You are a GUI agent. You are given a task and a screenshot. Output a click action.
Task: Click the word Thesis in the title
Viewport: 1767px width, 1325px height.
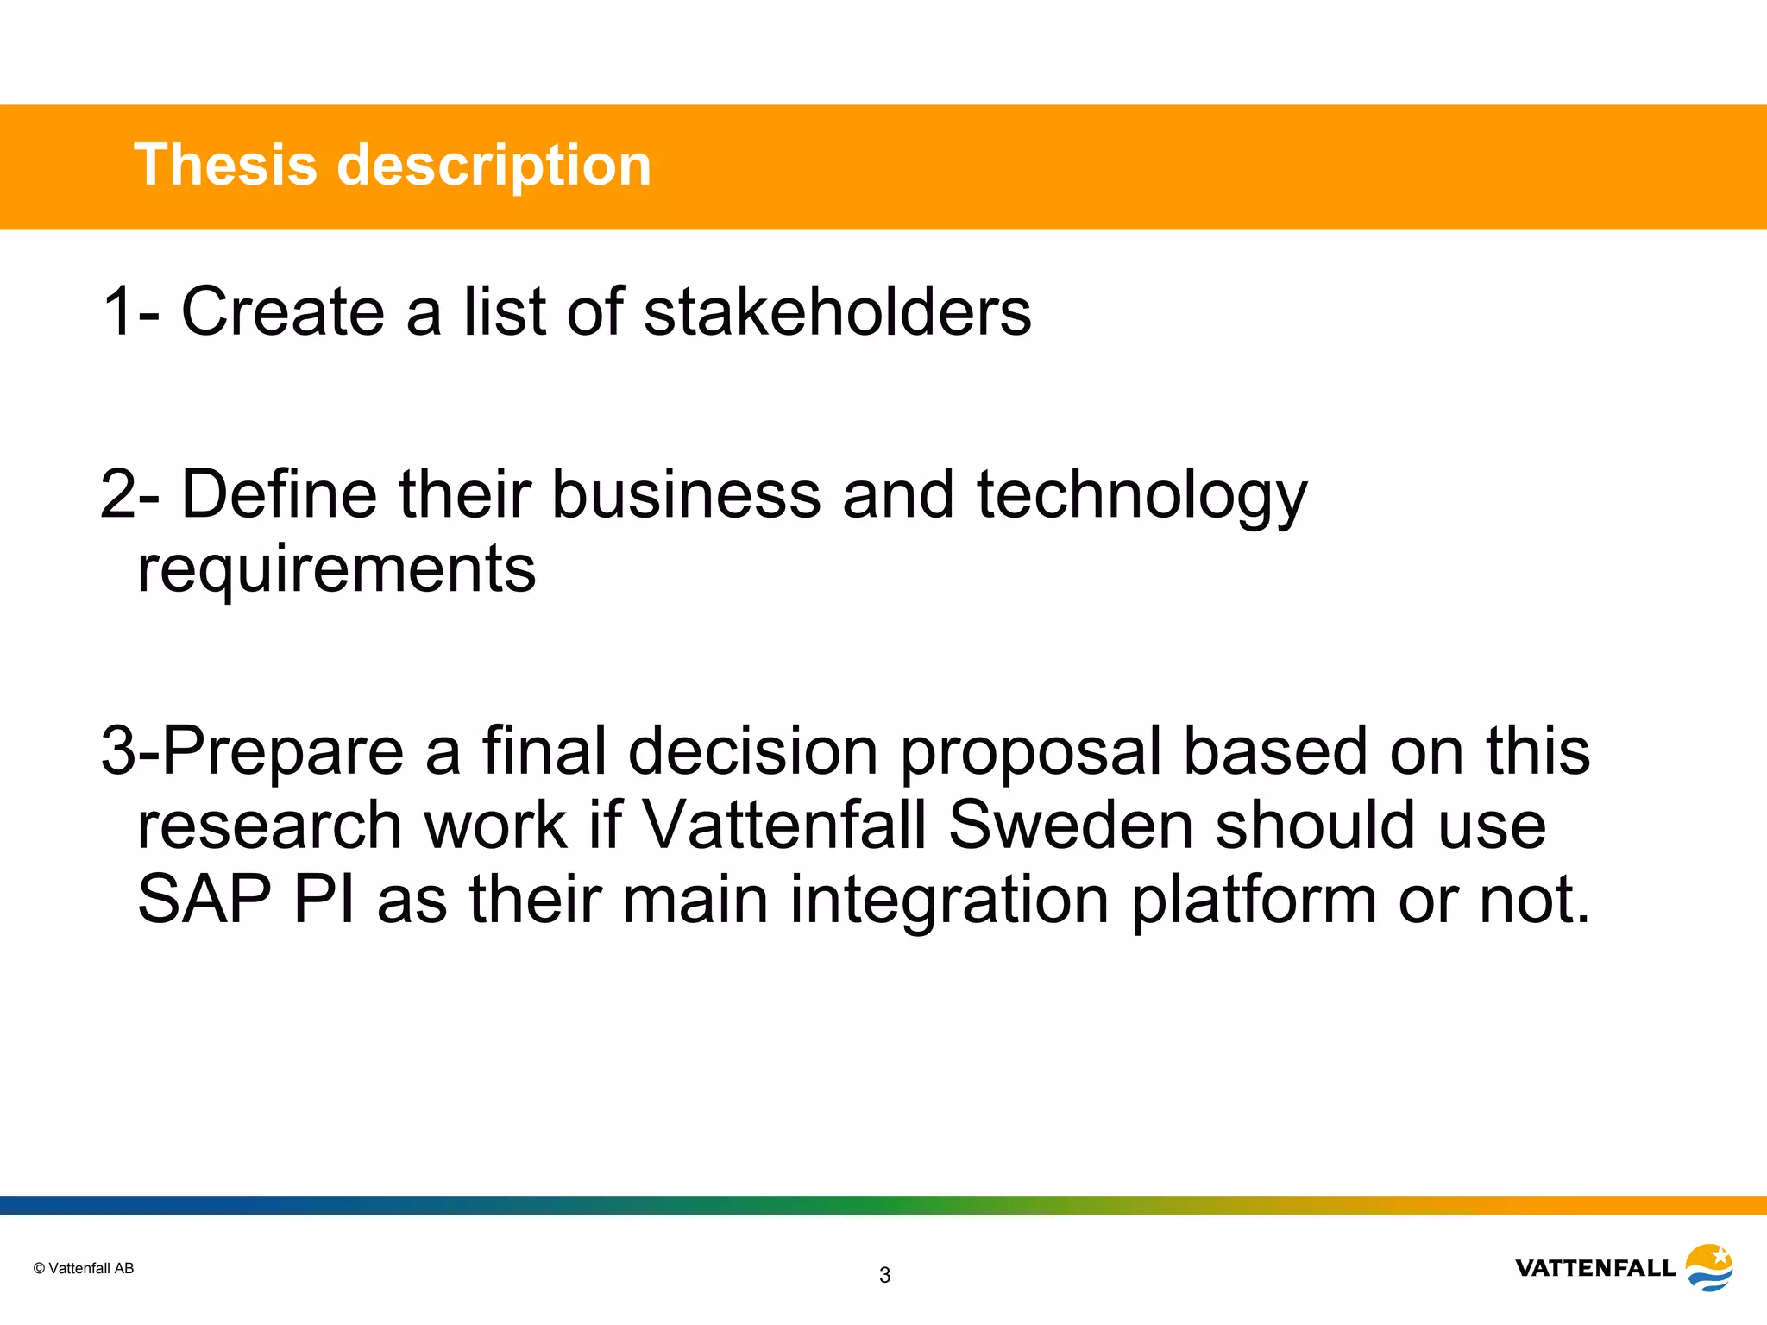coord(225,165)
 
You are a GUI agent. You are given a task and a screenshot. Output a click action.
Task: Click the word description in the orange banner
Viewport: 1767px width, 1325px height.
coord(493,166)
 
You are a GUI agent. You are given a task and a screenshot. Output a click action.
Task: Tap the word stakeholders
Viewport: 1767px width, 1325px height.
coord(837,311)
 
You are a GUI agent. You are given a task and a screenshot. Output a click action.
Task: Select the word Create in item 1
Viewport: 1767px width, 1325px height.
coord(282,311)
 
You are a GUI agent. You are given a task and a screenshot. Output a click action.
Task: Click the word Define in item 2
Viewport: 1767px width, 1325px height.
coord(280,494)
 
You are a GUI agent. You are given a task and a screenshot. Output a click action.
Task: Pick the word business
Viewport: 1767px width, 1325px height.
coord(686,494)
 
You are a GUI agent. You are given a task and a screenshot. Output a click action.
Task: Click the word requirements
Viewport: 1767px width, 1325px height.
coord(336,570)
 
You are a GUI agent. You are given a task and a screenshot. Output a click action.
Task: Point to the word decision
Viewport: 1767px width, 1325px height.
coord(752,750)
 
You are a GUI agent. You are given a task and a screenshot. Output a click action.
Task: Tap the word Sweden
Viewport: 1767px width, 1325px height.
coord(1071,825)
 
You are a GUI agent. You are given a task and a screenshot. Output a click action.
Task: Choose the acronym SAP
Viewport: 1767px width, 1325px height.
coord(204,899)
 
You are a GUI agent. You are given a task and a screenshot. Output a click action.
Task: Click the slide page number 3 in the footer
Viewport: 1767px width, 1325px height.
coord(884,1275)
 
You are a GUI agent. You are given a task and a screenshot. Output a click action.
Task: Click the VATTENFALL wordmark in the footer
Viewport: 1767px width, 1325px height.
coord(1594,1268)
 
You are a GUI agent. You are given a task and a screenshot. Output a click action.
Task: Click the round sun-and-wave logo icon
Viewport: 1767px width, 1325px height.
coord(1709,1267)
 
